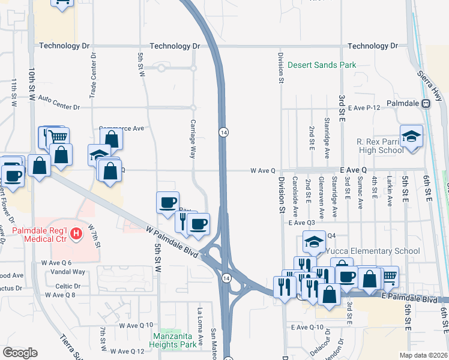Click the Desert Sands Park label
coord(322,65)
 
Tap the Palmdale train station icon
coord(426,103)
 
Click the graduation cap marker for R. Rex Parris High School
coord(411,136)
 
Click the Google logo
coord(20,353)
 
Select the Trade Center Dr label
coord(93,74)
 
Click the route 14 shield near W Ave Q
coord(223,132)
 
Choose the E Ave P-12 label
coord(367,107)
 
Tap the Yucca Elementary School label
coord(366,251)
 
